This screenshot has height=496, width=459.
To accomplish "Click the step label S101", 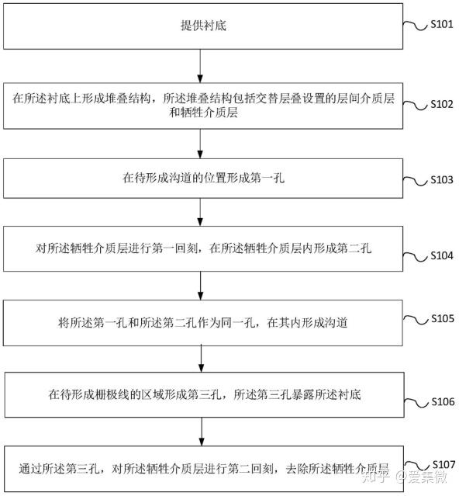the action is click(442, 24).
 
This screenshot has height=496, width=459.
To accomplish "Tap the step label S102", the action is click(442, 104).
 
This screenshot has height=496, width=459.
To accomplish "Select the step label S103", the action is click(442, 179).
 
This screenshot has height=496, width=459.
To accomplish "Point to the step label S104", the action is click(442, 255).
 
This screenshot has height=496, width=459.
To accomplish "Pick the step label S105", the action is click(443, 318).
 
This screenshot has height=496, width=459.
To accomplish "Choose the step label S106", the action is click(443, 401).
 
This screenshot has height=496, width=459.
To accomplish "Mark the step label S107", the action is click(443, 464).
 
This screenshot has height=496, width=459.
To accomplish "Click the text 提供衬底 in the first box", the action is click(203, 26).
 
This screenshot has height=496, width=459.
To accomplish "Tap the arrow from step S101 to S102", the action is click(200, 66).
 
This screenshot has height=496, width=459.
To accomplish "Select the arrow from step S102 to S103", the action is click(200, 144).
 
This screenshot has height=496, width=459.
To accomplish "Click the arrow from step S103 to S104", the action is click(200, 212).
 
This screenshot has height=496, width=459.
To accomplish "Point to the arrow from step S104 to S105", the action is click(200, 286).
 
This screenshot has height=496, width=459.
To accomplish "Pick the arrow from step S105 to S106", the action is click(202, 359).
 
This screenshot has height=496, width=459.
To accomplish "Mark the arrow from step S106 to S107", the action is click(202, 432).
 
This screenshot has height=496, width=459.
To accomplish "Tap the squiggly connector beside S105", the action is click(416, 320).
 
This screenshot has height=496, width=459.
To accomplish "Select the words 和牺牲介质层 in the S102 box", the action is click(203, 113).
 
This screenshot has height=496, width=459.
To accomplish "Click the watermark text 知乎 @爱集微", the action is click(406, 477).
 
